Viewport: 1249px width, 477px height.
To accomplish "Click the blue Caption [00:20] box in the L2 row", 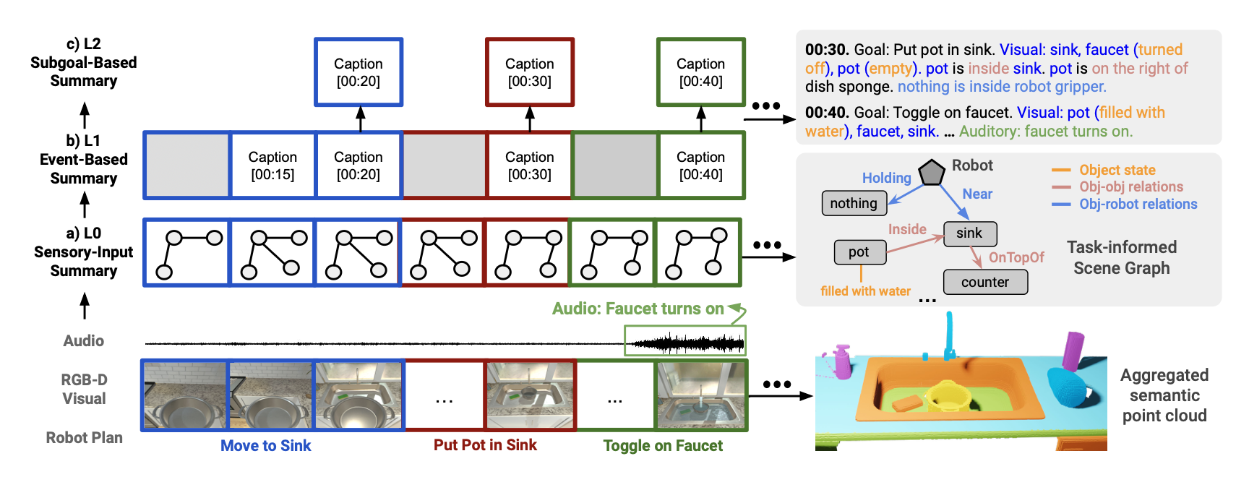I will click(359, 72).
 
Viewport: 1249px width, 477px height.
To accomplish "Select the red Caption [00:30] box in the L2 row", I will click(530, 72).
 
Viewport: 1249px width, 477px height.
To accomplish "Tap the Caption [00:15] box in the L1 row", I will click(272, 166).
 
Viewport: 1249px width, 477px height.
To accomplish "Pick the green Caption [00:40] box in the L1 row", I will click(700, 166).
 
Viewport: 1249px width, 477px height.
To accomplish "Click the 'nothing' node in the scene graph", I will click(854, 204).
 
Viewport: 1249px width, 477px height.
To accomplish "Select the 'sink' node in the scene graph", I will click(969, 233).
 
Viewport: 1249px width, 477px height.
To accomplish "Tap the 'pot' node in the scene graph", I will click(859, 252).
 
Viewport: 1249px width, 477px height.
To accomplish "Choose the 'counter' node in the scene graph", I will click(985, 283).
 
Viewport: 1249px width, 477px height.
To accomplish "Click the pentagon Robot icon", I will click(932, 173).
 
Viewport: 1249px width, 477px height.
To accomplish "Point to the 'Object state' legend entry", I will click(1117, 170).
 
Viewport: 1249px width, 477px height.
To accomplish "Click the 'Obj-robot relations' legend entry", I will click(1138, 205).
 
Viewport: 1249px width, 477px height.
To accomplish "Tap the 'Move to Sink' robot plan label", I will click(266, 446).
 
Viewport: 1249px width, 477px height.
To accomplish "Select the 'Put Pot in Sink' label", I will click(485, 445).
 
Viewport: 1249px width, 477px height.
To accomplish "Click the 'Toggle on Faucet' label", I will click(663, 446).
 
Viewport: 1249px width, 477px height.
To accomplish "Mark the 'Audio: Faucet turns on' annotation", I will click(638, 309).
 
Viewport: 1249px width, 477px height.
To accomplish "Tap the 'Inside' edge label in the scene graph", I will click(907, 229).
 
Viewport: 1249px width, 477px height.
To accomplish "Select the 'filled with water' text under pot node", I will click(865, 291).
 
